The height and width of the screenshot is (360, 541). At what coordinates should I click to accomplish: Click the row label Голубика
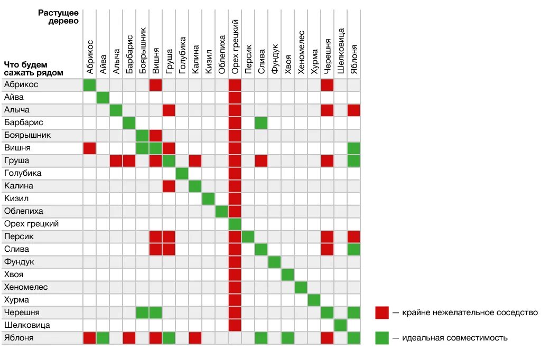pyautogui.click(x=23, y=173)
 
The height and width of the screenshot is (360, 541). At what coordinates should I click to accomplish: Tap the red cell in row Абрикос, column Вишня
pyautogui.click(x=155, y=84)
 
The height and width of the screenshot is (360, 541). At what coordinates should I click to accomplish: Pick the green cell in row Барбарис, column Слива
pyautogui.click(x=261, y=122)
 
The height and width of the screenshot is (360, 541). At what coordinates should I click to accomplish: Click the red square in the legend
pyautogui.click(x=382, y=312)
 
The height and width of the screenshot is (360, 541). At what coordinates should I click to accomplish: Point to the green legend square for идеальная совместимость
pyautogui.click(x=382, y=338)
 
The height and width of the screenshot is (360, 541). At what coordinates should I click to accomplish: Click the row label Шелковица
pyautogui.click(x=27, y=325)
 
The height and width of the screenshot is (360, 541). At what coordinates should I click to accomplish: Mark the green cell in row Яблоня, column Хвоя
pyautogui.click(x=287, y=338)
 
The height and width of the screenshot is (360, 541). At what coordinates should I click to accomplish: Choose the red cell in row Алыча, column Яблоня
pyautogui.click(x=353, y=110)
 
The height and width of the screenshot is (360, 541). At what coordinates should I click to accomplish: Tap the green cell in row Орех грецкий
pyautogui.click(x=235, y=224)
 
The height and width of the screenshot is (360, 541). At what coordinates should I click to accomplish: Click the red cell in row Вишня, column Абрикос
pyautogui.click(x=89, y=148)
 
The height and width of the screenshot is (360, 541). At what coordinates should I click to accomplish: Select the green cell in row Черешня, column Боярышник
pyautogui.click(x=142, y=312)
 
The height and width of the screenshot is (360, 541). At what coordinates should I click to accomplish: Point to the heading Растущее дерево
pyautogui.click(x=59, y=16)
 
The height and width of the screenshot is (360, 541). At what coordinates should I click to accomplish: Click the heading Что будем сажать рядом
pyautogui.click(x=34, y=69)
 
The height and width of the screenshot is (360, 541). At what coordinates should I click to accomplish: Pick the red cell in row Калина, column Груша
pyautogui.click(x=169, y=186)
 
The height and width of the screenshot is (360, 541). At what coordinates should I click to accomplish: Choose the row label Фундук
pyautogui.click(x=20, y=262)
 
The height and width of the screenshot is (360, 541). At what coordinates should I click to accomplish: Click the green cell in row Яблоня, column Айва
pyautogui.click(x=102, y=338)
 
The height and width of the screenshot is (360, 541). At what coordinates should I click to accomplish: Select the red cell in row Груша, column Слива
pyautogui.click(x=261, y=160)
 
